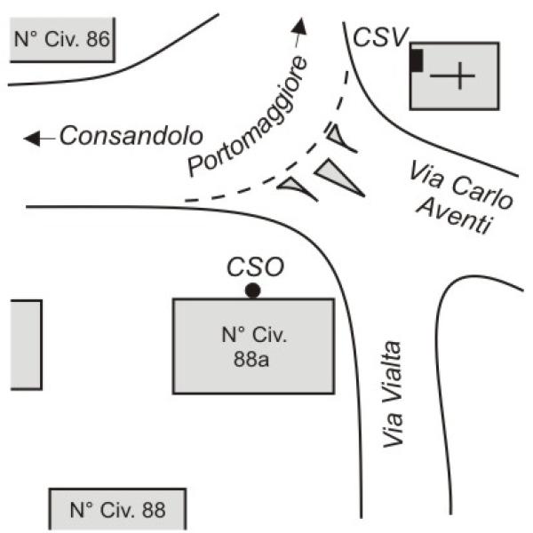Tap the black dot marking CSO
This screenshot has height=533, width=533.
click(253, 290)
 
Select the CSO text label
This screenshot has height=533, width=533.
click(253, 267)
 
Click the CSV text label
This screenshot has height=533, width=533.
click(380, 36)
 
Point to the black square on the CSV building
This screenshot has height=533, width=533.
click(416, 61)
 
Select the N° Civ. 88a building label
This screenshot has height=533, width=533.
click(253, 346)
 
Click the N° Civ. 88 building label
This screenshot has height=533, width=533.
click(117, 510)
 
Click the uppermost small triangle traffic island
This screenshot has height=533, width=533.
click(339, 138)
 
